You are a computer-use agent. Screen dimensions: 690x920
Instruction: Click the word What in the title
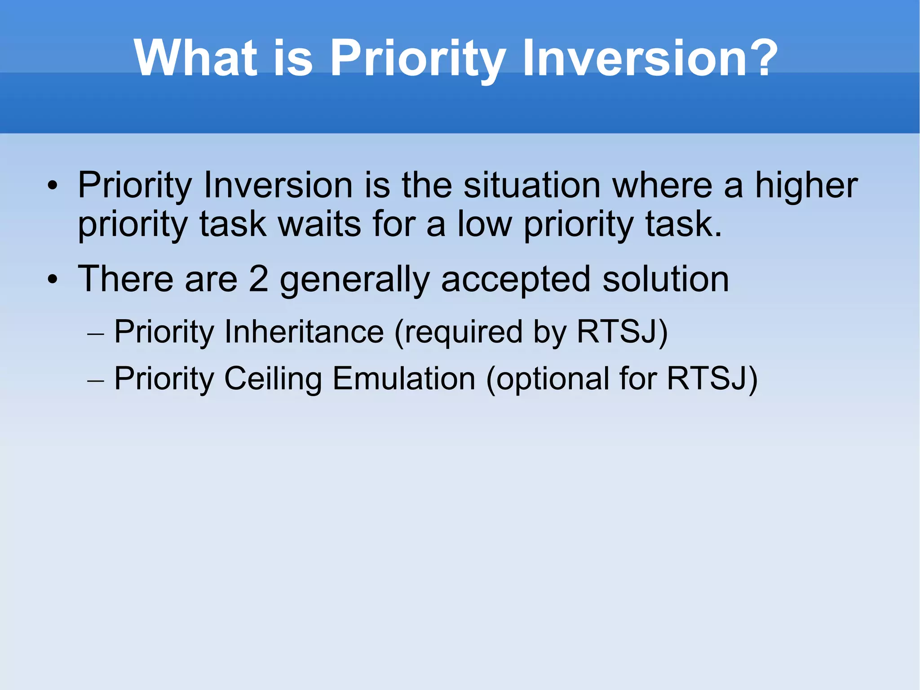(195, 58)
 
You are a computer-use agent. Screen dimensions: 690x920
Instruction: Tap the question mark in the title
(760, 58)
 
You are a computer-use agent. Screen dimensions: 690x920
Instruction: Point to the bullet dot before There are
(53, 280)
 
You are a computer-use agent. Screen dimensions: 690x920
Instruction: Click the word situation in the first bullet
(532, 185)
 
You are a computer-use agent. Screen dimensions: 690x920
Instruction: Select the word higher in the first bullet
(806, 185)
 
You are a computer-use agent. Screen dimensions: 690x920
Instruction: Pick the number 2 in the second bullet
(258, 279)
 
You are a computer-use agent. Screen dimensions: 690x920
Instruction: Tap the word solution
(665, 279)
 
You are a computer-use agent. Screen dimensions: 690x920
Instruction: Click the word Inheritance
(304, 332)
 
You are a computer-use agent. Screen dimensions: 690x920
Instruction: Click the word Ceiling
(273, 379)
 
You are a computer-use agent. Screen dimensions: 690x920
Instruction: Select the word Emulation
(403, 378)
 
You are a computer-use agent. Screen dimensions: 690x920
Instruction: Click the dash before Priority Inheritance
(95, 334)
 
